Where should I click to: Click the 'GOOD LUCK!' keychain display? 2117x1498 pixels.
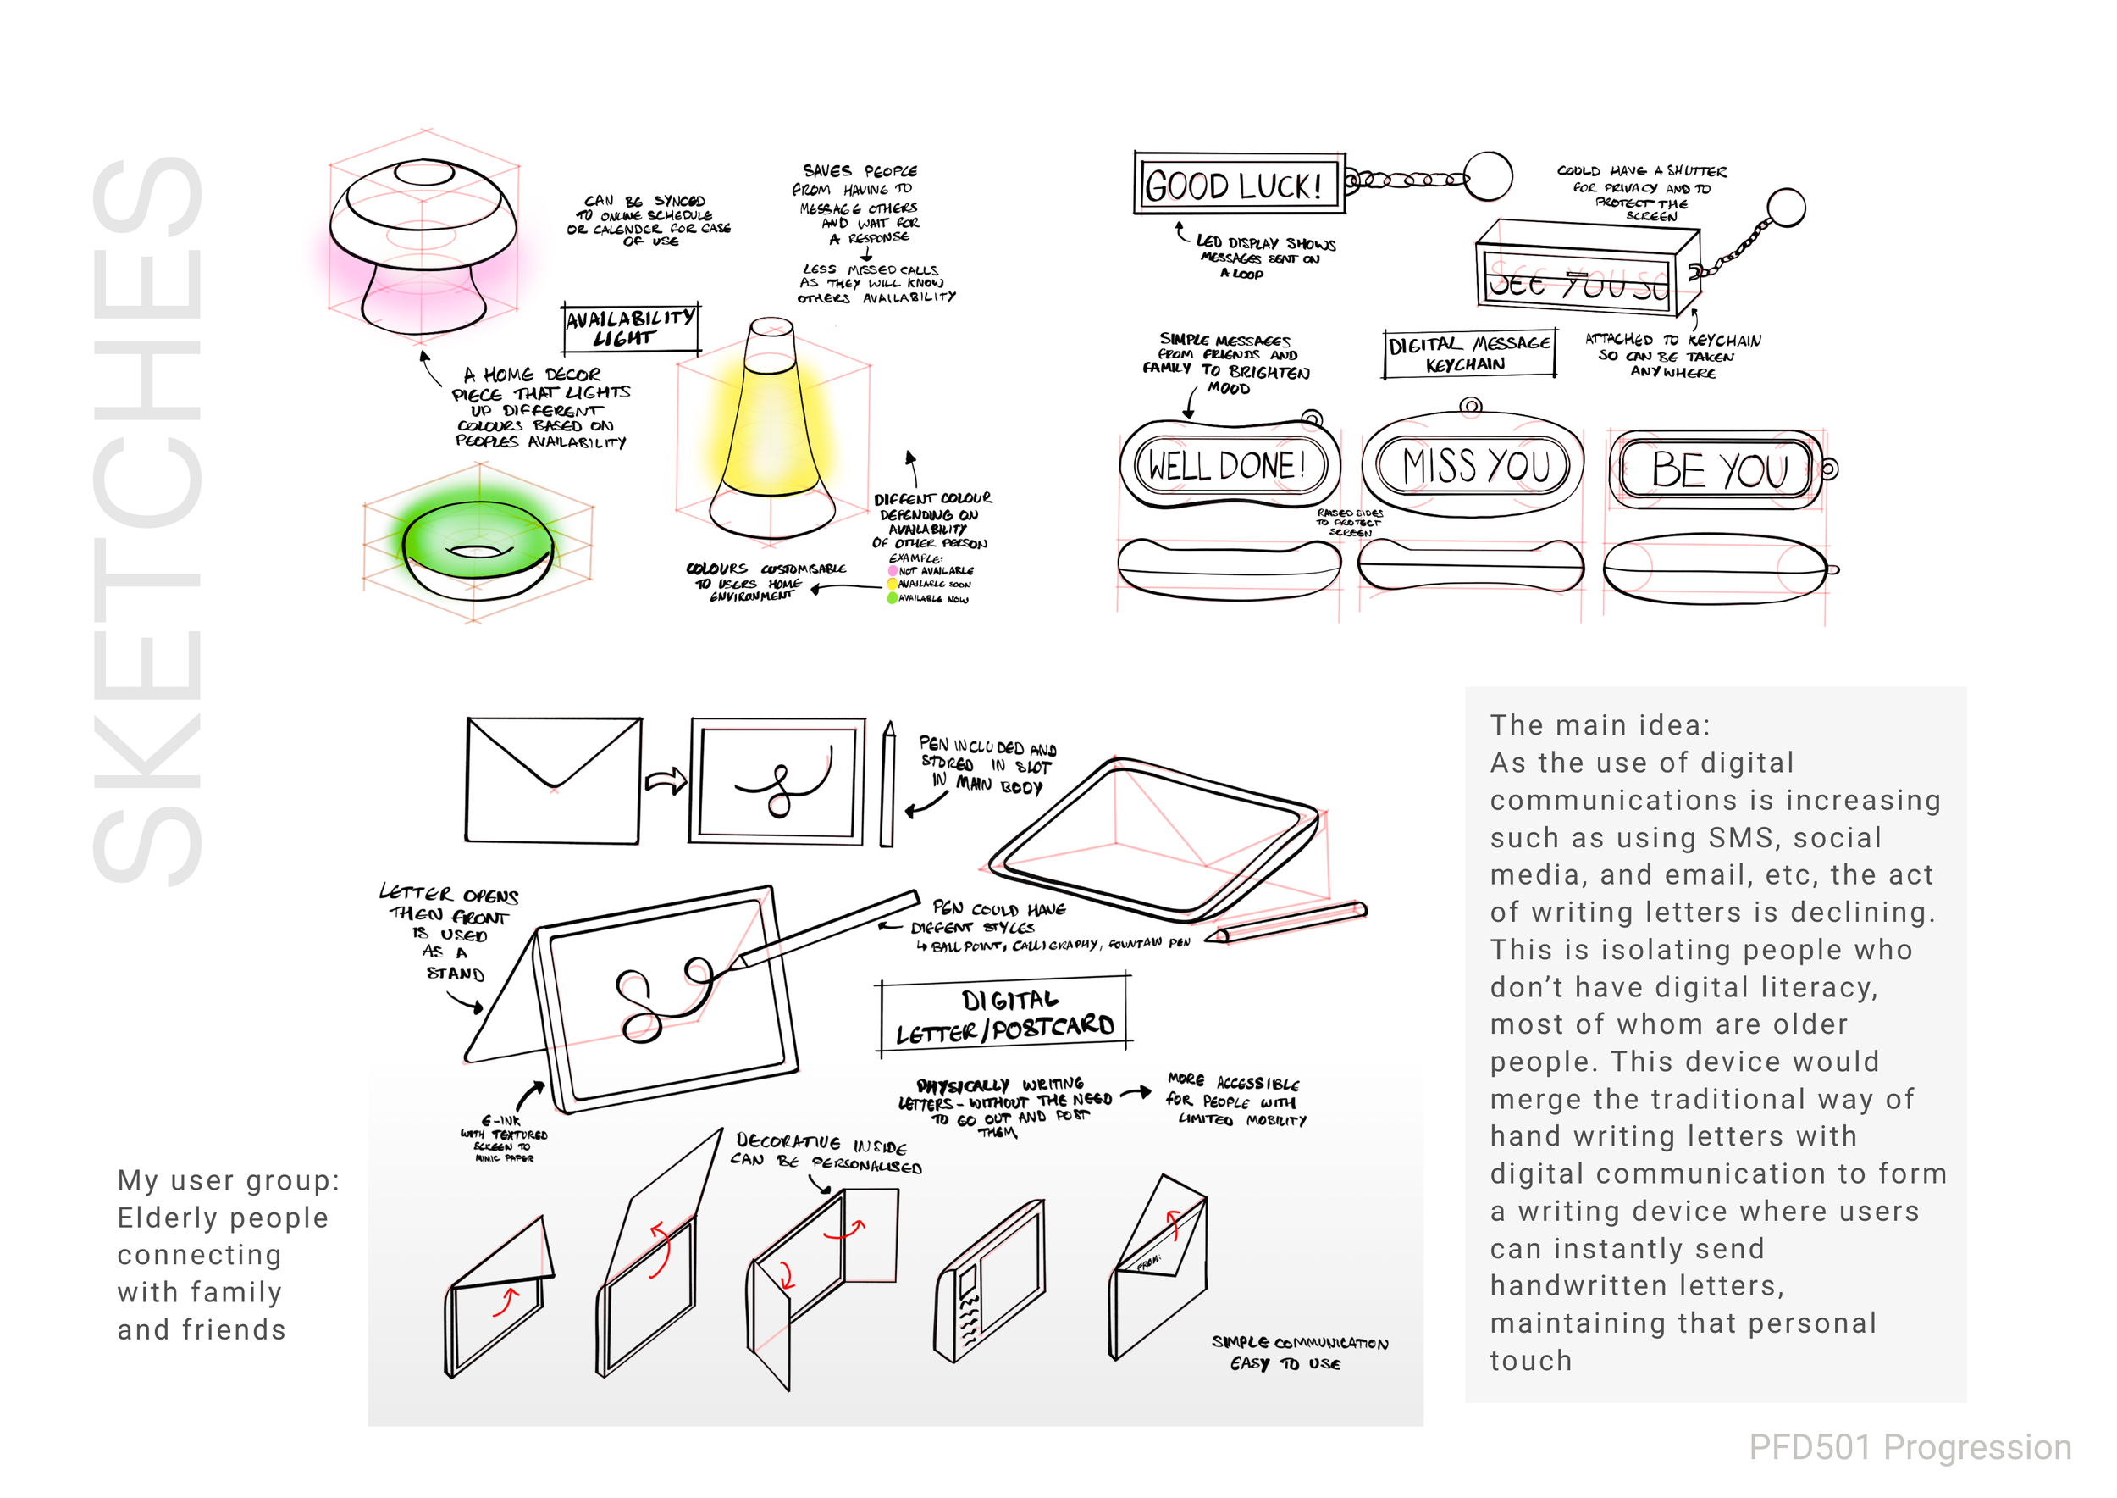pos(1234,185)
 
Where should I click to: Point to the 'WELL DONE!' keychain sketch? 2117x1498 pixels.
pos(1226,466)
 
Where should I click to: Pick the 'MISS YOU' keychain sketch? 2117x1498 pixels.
pos(1473,466)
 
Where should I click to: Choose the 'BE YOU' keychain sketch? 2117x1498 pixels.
pos(1719,469)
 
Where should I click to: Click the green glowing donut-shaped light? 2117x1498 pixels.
pos(478,550)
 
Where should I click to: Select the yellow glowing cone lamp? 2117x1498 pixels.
pos(772,434)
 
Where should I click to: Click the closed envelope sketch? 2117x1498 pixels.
pos(553,780)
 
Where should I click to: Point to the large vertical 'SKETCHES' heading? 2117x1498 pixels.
pos(147,521)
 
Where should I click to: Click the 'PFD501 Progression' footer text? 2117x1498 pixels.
pos(1910,1447)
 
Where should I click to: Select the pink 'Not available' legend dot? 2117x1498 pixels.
pos(893,571)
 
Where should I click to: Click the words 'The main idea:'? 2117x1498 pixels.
pos(1600,725)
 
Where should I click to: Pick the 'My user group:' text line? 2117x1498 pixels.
pos(229,1179)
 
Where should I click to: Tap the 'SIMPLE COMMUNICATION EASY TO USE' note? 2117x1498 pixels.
pos(1298,1352)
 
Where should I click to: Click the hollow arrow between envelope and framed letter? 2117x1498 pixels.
pos(666,780)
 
